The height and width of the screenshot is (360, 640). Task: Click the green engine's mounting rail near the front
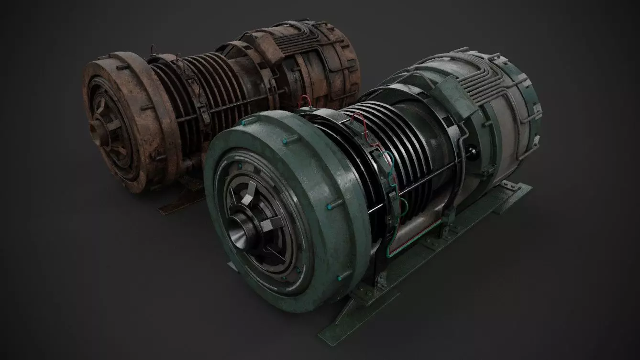pyautogui.click(x=364, y=306)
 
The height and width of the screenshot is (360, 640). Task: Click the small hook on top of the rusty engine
pyautogui.click(x=153, y=50)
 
